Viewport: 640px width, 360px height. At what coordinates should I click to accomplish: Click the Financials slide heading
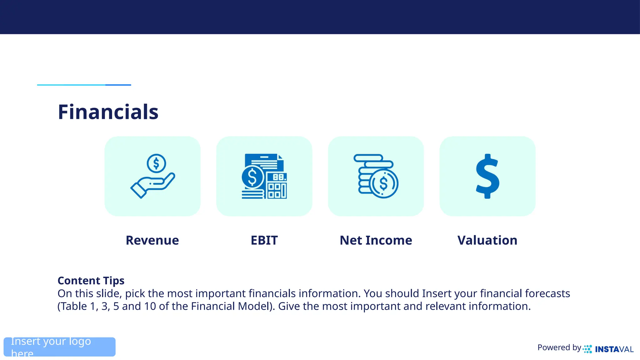pyautogui.click(x=108, y=112)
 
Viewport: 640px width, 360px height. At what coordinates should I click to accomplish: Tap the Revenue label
pyautogui.click(x=152, y=240)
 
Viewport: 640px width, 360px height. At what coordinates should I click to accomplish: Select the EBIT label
pyautogui.click(x=264, y=240)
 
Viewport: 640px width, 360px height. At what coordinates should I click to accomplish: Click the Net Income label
pyautogui.click(x=376, y=240)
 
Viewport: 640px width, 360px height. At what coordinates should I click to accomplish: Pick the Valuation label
pyautogui.click(x=487, y=240)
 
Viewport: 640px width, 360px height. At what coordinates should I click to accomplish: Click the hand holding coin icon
pyautogui.click(x=152, y=176)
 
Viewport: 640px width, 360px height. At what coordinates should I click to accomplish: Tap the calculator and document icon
pyautogui.click(x=264, y=176)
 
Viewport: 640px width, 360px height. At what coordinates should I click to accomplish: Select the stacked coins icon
pyautogui.click(x=376, y=176)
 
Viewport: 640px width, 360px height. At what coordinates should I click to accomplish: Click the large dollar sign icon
pyautogui.click(x=487, y=176)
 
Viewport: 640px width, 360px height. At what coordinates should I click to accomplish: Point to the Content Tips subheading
pyautogui.click(x=91, y=281)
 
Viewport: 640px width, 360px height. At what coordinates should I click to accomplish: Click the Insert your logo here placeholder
pyautogui.click(x=59, y=347)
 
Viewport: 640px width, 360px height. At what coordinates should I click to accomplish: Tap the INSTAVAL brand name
pyautogui.click(x=614, y=349)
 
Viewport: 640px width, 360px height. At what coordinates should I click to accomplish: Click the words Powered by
pyautogui.click(x=559, y=347)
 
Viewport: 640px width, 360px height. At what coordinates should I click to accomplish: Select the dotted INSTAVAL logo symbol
pyautogui.click(x=587, y=349)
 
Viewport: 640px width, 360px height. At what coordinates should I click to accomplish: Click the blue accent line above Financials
pyautogui.click(x=84, y=85)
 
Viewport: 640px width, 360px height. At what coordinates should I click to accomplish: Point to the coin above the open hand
pyautogui.click(x=156, y=163)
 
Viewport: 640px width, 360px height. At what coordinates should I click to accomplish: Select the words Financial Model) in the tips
pyautogui.click(x=233, y=306)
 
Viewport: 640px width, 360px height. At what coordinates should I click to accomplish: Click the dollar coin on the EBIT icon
pyautogui.click(x=252, y=177)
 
